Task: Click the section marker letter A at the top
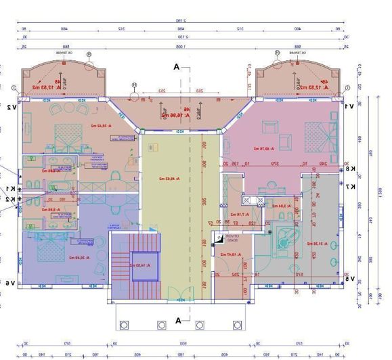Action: pos(177,67)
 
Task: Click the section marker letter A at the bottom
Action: pos(178,319)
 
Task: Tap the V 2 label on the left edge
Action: pos(12,107)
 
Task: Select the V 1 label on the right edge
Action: pos(349,107)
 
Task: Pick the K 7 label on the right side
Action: pos(349,186)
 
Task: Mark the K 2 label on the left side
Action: pos(12,199)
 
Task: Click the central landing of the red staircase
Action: pos(142,263)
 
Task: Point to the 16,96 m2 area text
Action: pos(174,116)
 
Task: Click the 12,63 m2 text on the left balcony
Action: pos(45,87)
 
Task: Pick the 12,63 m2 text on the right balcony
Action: pos(317,87)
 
